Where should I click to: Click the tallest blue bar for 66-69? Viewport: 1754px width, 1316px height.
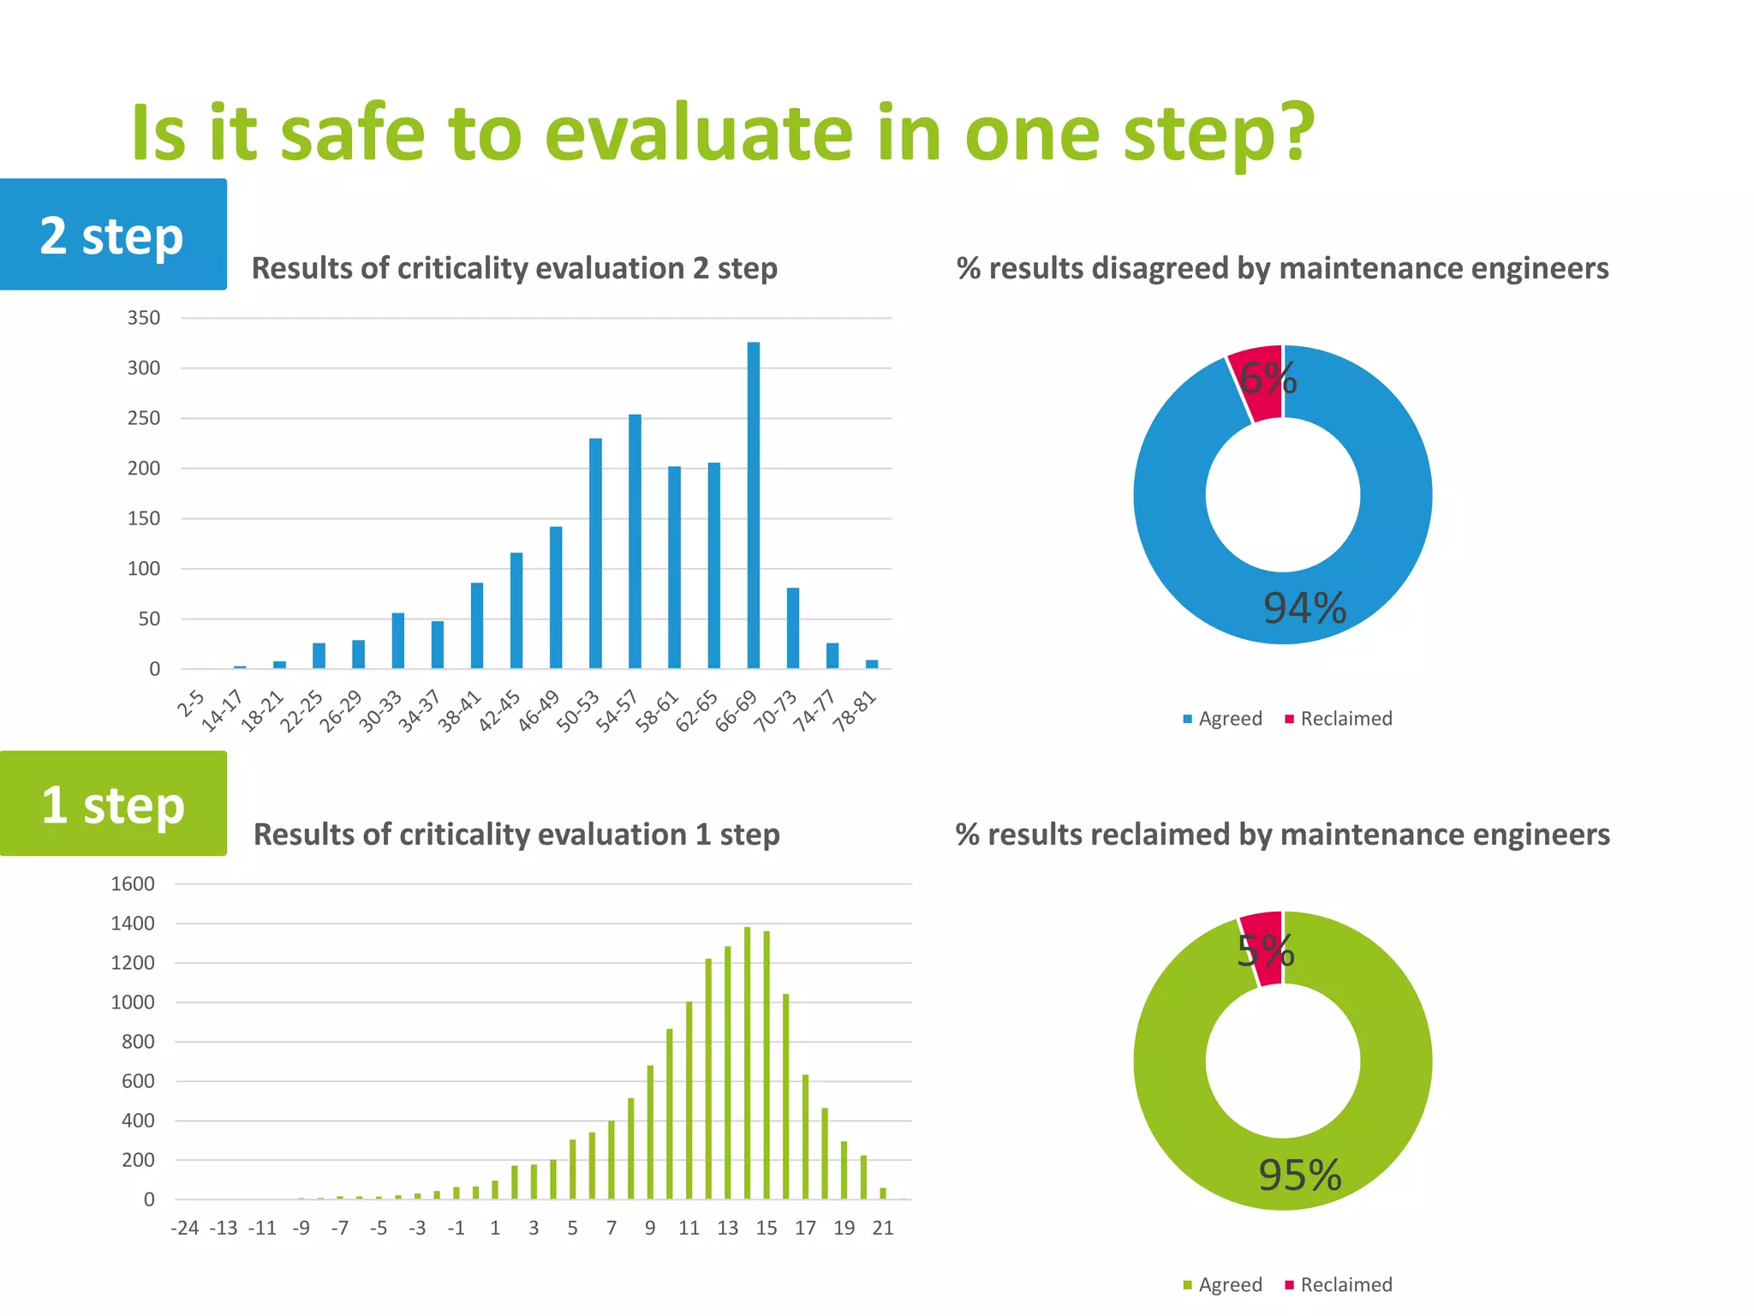(x=754, y=505)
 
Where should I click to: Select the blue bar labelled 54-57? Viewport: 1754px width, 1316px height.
(x=635, y=541)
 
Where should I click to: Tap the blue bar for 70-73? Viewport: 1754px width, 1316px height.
(x=793, y=628)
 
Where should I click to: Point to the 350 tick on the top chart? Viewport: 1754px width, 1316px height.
(x=143, y=318)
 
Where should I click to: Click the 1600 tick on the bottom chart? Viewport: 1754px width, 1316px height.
(x=133, y=883)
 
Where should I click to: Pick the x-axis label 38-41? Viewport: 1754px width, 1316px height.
(x=460, y=712)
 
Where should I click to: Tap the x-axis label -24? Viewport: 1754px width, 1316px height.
(x=185, y=1228)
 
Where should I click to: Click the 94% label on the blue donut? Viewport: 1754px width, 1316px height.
(x=1304, y=607)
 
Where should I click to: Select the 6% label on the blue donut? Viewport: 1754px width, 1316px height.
(x=1268, y=378)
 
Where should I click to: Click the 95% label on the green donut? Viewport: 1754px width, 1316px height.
(x=1299, y=1175)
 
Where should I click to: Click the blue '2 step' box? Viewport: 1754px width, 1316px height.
(x=112, y=235)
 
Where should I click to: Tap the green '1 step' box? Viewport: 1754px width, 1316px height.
(x=112, y=804)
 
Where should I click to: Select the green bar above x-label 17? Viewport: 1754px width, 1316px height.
(x=805, y=1136)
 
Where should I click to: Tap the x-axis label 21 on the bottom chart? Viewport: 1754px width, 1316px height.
(x=883, y=1228)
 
